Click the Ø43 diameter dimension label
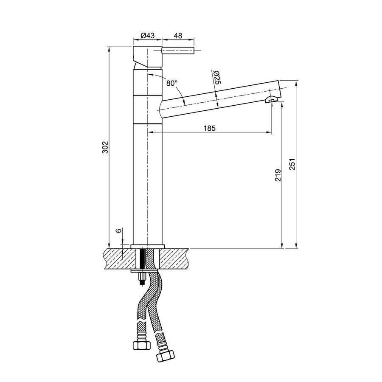pos(147,36)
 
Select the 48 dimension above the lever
pos(178,36)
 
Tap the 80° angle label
pos(171,83)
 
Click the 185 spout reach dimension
pos(209,128)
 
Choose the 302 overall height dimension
pos(106,147)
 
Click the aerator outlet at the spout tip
pos(270,100)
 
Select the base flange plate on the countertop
pos(147,247)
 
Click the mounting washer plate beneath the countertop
pos(144,271)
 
